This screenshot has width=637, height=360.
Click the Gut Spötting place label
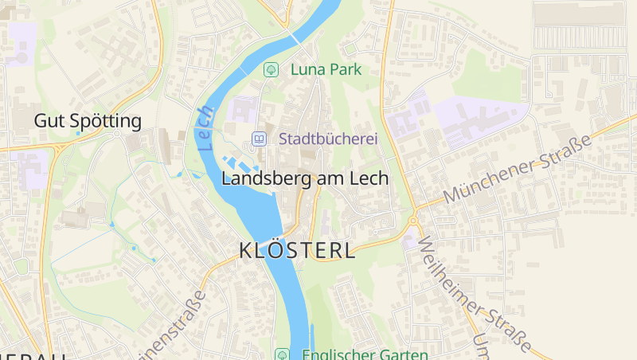click(x=88, y=121)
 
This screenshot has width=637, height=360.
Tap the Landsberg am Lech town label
click(x=305, y=178)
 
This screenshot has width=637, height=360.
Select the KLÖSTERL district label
click(x=297, y=250)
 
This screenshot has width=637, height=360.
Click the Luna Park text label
click(x=326, y=69)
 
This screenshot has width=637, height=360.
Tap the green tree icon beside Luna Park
click(x=272, y=69)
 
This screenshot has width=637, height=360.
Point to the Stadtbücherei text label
click(x=327, y=139)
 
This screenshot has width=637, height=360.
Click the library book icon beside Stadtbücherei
click(x=259, y=139)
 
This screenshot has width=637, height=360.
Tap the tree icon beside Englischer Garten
click(x=281, y=354)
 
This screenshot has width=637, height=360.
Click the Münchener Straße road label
click(x=518, y=169)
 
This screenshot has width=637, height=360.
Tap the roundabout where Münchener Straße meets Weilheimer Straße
click(x=412, y=221)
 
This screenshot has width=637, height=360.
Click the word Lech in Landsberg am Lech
click(x=370, y=178)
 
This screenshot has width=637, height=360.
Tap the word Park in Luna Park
click(x=343, y=69)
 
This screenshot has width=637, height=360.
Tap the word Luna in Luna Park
click(x=306, y=69)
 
